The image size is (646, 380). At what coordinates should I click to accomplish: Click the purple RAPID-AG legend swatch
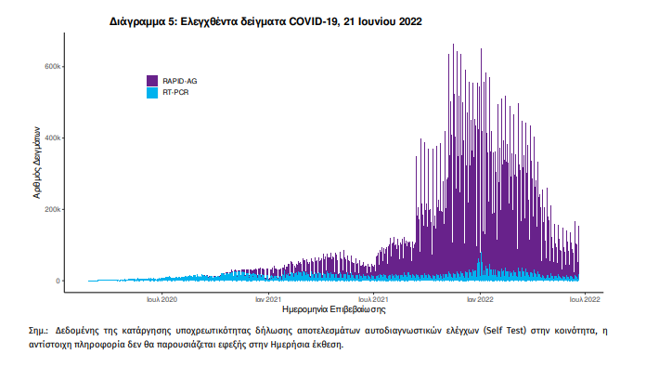(153, 81)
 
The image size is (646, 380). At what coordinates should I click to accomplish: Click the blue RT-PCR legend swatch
(153, 93)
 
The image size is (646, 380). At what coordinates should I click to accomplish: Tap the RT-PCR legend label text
(176, 93)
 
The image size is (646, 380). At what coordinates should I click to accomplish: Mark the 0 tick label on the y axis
(57, 281)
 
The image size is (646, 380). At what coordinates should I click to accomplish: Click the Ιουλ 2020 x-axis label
(161, 299)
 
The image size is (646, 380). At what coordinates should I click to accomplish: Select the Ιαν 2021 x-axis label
(268, 299)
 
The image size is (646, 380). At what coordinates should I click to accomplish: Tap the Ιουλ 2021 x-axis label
(373, 299)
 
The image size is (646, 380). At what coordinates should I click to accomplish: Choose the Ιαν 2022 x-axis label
(479, 299)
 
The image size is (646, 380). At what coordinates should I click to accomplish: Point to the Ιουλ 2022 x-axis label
(585, 299)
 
